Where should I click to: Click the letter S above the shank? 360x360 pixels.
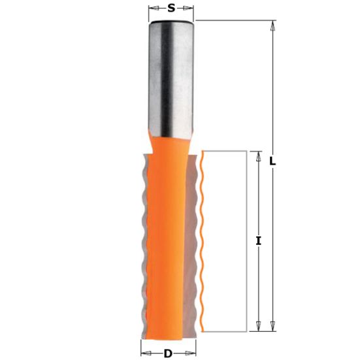pyautogui.click(x=171, y=8)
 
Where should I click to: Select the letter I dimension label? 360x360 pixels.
pyautogui.click(x=259, y=241)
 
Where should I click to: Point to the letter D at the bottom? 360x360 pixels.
pyautogui.click(x=168, y=354)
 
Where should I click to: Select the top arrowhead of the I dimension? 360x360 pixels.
pyautogui.click(x=258, y=156)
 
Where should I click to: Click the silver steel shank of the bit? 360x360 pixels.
pyautogui.click(x=171, y=78)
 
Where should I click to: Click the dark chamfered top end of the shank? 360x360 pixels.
pyautogui.click(x=171, y=23)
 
